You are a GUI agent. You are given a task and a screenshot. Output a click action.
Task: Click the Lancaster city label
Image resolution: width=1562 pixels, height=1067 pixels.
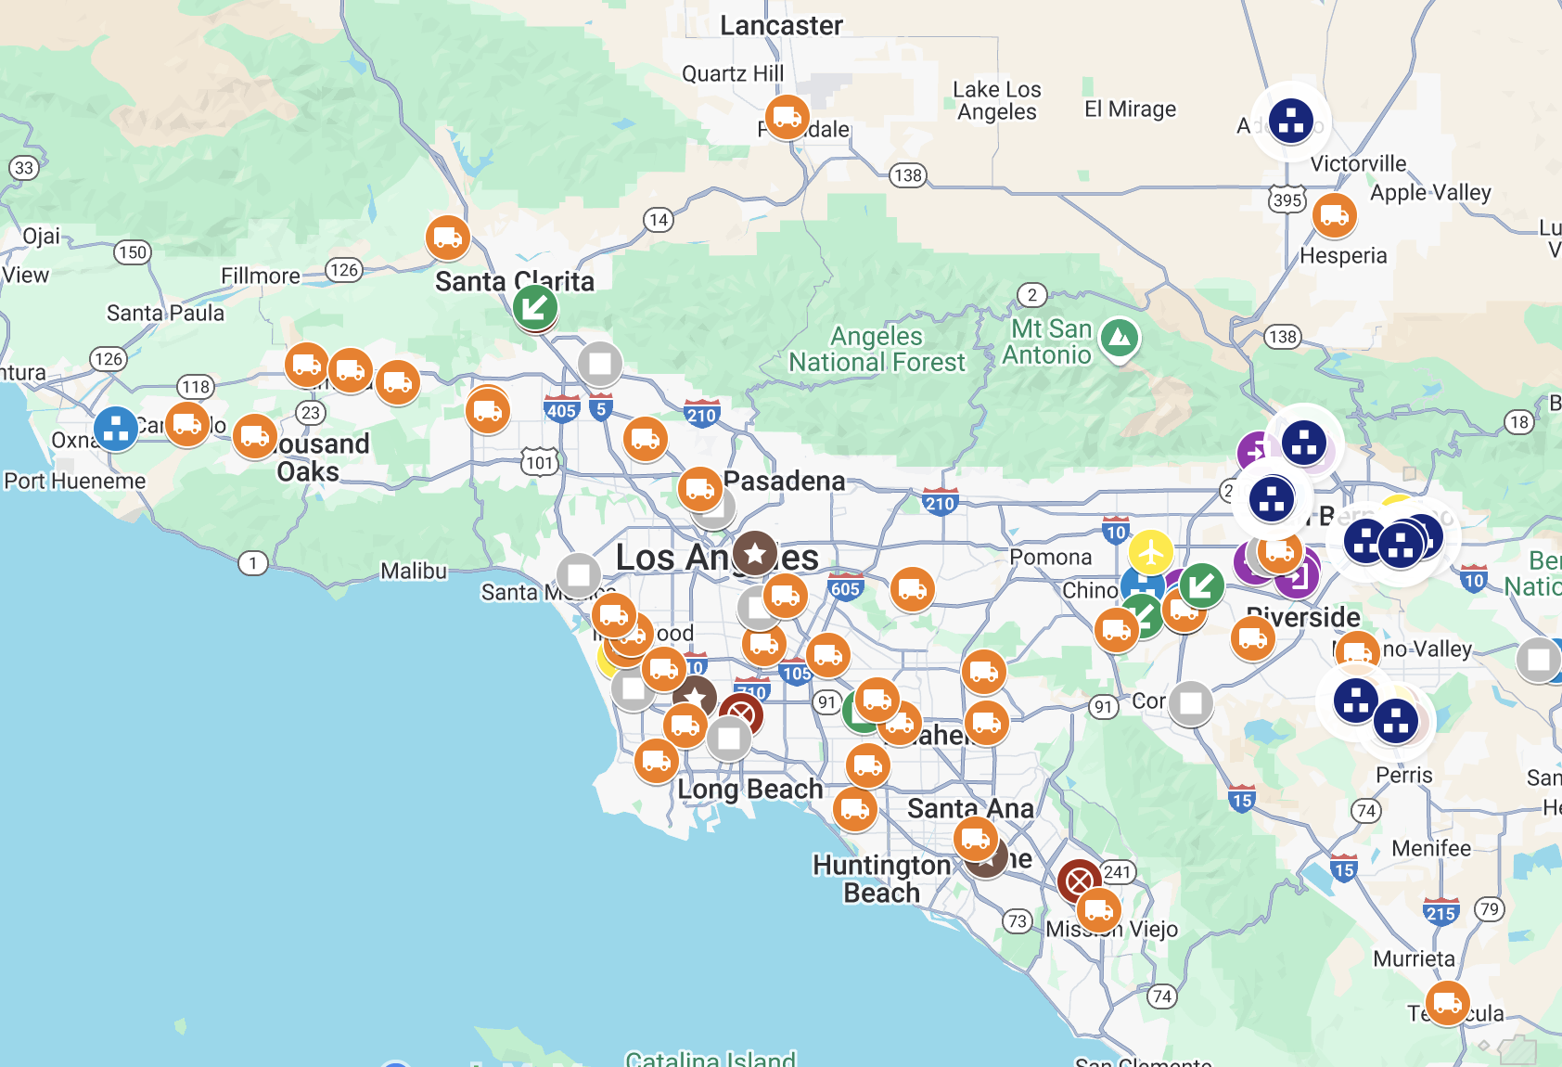coord(781,26)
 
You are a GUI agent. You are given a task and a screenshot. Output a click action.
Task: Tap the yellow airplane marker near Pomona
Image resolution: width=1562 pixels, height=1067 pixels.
coord(1151,553)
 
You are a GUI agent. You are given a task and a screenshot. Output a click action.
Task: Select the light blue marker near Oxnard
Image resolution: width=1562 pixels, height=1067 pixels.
coord(116,429)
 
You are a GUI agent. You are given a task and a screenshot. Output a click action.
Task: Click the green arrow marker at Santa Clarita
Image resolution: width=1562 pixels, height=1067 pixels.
coord(535,306)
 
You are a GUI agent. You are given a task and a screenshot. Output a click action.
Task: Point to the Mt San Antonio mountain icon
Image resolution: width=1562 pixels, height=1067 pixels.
coord(1120,339)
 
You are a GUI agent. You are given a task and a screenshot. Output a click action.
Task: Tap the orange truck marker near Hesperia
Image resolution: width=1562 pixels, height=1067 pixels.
coord(1334,215)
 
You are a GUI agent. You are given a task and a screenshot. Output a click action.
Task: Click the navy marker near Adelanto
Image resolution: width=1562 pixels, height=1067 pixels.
coord(1291,121)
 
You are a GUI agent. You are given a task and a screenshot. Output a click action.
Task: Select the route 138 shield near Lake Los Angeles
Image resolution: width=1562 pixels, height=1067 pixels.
coord(907,175)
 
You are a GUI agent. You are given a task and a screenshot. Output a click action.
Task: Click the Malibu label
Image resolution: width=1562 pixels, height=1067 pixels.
coord(414,572)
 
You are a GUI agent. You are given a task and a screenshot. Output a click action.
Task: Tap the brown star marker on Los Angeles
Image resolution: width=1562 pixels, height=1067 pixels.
coord(755,554)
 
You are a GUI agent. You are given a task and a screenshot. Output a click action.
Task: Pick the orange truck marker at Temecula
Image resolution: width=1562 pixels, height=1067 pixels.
coord(1447,1003)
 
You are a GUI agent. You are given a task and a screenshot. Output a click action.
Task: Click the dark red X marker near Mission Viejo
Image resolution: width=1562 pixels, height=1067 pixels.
coord(1079,881)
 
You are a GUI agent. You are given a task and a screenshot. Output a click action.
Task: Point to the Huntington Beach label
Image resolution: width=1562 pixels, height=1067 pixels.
coord(881,879)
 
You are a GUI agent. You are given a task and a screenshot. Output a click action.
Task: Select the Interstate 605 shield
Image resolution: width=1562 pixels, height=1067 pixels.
coord(845,588)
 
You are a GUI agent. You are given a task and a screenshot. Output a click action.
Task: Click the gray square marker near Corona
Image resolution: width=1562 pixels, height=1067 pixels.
coord(1191,703)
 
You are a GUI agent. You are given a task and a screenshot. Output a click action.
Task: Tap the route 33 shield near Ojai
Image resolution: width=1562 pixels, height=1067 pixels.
coord(24,168)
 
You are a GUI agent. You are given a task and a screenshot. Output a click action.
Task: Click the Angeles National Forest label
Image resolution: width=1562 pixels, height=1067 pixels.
coord(877,350)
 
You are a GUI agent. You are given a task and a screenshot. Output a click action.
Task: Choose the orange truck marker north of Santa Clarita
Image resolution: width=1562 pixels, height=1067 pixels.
coord(447,238)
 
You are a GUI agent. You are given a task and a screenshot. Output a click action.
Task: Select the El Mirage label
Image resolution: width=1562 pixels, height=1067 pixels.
coord(1130,109)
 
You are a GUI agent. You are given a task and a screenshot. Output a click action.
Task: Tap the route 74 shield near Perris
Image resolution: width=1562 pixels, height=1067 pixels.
coord(1365,811)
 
